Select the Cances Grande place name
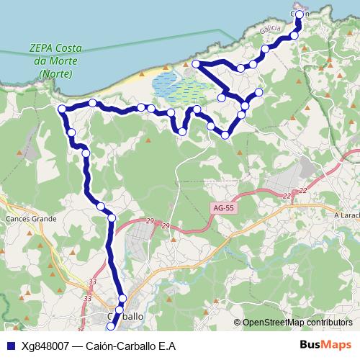[x=31, y=217]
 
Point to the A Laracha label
[x=346, y=215]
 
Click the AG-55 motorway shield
[x=223, y=208]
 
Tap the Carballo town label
[x=125, y=316]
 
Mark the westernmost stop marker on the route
[x=62, y=109]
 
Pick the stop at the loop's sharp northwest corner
[x=195, y=65]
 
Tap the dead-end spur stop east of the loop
[x=259, y=92]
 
